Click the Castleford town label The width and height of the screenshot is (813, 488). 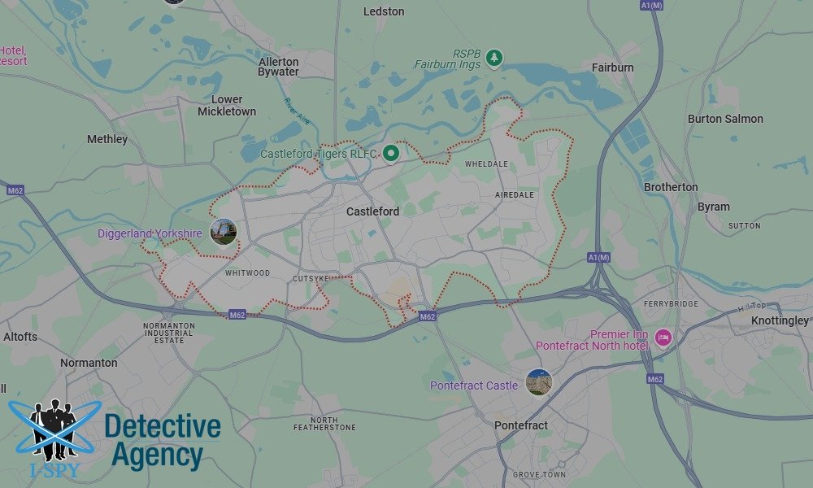coord(372,211)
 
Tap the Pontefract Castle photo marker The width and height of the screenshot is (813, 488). coord(538,381)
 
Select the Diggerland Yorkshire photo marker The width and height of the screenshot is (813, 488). coord(223,232)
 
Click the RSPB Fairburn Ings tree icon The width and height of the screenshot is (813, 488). coord(494,58)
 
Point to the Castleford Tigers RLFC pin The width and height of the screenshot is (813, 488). coord(391,152)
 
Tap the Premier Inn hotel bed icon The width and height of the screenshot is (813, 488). coord(663,337)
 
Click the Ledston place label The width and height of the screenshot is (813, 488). coord(384,11)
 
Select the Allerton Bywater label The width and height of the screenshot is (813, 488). coord(279,67)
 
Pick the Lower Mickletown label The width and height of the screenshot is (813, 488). coord(227,106)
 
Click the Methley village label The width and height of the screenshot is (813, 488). coord(107,139)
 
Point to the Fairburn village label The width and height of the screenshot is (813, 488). coord(612,68)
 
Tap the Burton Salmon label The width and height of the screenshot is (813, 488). coord(725,119)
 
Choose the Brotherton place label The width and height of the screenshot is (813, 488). coord(671,187)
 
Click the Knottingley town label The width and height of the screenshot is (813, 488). coord(780,320)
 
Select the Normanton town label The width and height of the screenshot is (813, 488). coord(89,363)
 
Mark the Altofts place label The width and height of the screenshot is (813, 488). coord(20,337)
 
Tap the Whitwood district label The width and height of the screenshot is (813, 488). coord(246,273)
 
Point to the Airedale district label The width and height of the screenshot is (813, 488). coord(515,195)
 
